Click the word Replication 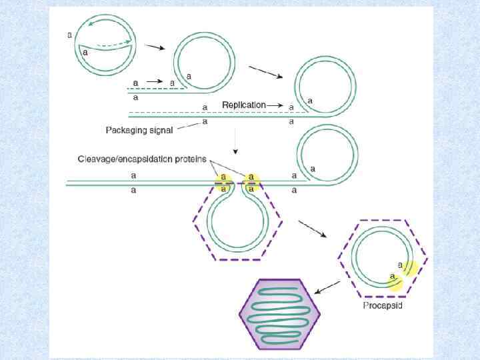pyautogui.click(x=243, y=105)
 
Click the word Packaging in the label pyautogui.click(x=126, y=130)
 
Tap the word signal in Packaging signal pyautogui.click(x=160, y=130)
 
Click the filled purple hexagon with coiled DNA pyautogui.click(x=280, y=313)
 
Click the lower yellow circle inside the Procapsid pyautogui.click(x=396, y=283)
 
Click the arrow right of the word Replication pyautogui.click(x=279, y=105)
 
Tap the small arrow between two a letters pyautogui.click(x=154, y=81)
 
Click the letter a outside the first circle pyautogui.click(x=70, y=35)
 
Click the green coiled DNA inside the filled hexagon pyautogui.click(x=280, y=313)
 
